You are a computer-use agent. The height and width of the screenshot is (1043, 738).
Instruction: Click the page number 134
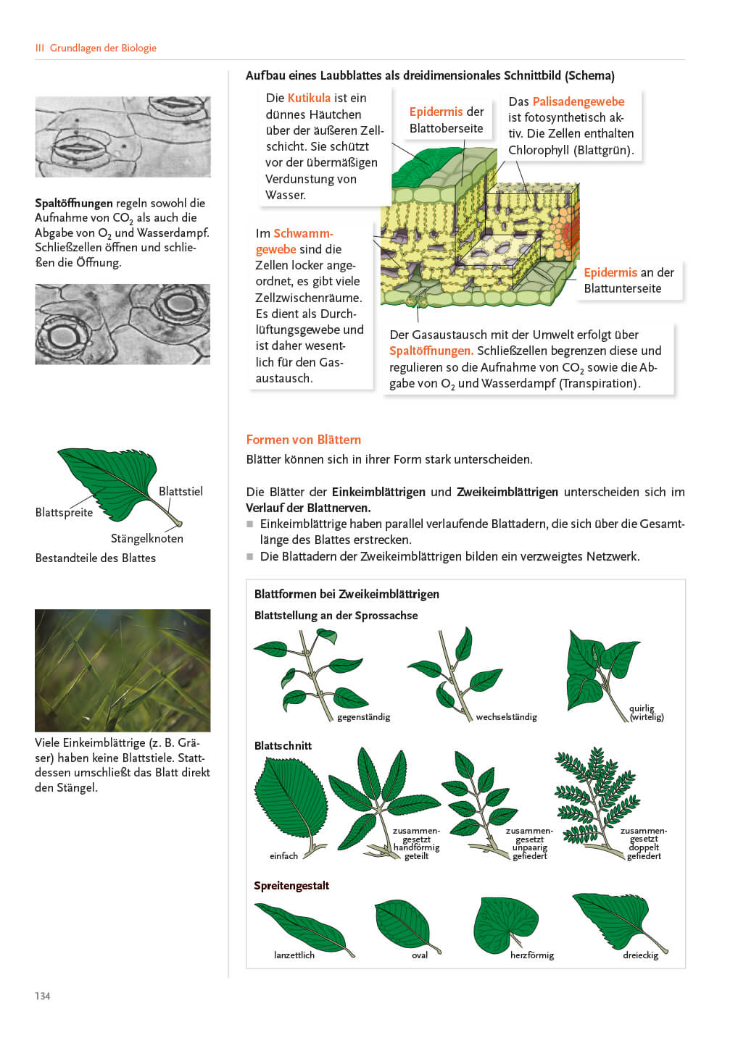[x=43, y=996]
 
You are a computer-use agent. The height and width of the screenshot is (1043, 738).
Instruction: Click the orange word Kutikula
[x=309, y=98]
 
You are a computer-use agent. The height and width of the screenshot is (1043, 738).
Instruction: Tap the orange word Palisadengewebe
[x=578, y=101]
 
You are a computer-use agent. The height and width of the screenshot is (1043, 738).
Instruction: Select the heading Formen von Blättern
[x=303, y=440]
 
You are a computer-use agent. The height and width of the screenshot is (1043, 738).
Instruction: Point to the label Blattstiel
[x=181, y=491]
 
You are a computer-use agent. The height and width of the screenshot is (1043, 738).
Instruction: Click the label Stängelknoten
[x=147, y=538]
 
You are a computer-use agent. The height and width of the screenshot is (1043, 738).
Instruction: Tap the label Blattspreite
[x=64, y=512]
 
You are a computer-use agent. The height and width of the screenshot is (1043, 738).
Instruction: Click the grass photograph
[x=123, y=670]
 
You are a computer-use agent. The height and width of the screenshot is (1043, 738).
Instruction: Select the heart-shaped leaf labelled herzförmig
[x=507, y=921]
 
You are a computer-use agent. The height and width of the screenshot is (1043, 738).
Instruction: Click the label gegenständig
[x=363, y=717]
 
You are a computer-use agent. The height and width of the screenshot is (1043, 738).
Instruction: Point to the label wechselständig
[x=506, y=717]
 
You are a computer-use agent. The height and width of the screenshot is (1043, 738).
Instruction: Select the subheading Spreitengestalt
[x=291, y=886]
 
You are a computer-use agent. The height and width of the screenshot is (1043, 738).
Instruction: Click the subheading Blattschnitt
[x=283, y=746]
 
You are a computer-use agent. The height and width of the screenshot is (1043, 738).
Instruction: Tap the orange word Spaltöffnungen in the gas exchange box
[x=431, y=351]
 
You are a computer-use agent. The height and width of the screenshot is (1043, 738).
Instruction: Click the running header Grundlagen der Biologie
[x=103, y=48]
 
